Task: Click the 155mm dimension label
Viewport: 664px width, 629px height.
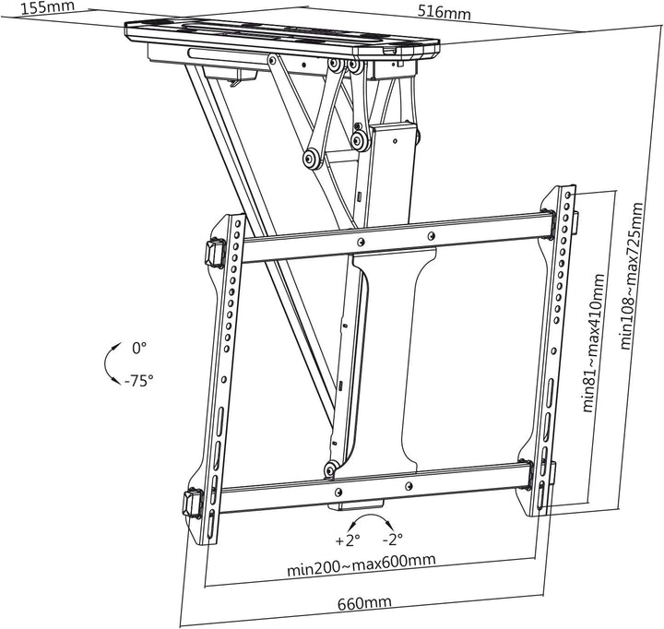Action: point(26,9)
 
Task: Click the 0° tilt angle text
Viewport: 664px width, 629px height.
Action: point(139,348)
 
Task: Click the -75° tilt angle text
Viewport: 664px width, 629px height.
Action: point(141,379)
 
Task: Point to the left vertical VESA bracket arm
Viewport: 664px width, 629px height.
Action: point(222,369)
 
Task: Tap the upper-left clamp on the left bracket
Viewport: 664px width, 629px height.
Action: point(212,252)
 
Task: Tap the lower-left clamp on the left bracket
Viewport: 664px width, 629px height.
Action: point(195,503)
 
